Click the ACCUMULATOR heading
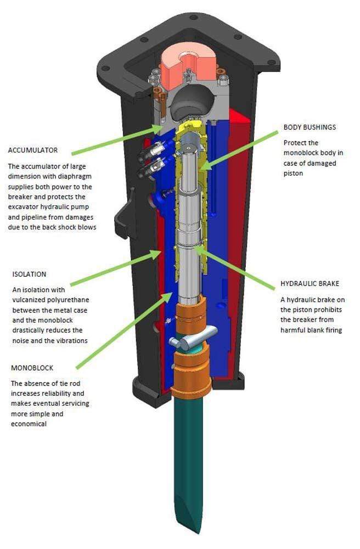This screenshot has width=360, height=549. click(33, 150)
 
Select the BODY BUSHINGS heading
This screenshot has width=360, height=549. click(310, 127)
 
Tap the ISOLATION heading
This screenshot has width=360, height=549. click(28, 274)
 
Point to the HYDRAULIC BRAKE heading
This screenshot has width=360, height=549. click(310, 284)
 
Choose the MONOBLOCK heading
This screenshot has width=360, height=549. click(32, 368)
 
